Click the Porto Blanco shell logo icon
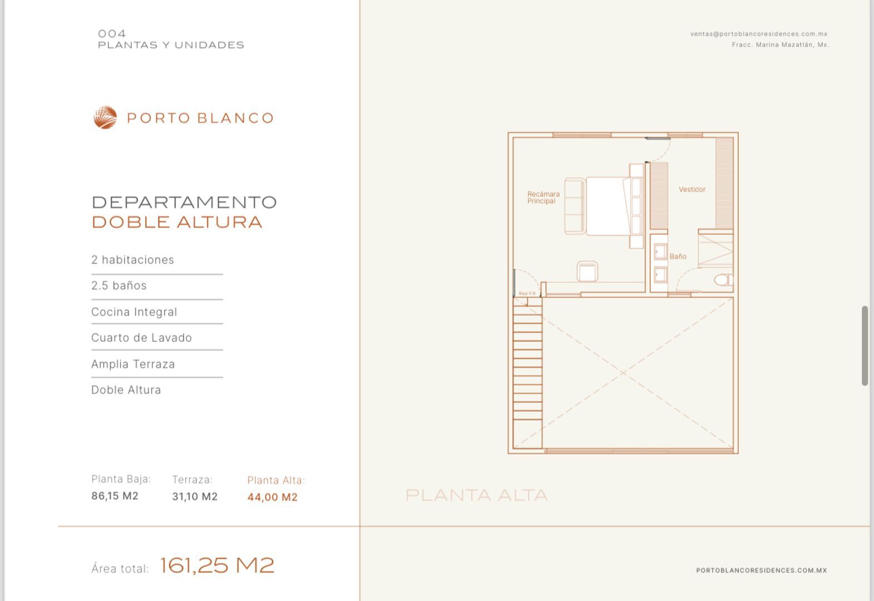[x=105, y=117]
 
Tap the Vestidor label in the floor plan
[x=692, y=189]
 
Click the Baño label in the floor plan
[x=678, y=257]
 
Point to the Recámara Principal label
[x=543, y=198]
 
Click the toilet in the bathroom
[x=723, y=280]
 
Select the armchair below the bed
[x=587, y=272]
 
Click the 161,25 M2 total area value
[x=217, y=565]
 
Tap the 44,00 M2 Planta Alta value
[x=273, y=497]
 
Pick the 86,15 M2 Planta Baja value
[x=115, y=496]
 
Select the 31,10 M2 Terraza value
[x=195, y=496]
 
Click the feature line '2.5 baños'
[x=119, y=285]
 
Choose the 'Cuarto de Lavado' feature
[x=142, y=338]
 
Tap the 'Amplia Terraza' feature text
[x=133, y=364]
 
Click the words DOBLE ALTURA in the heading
[x=177, y=223]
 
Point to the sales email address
[x=759, y=34]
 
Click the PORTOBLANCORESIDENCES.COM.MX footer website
[x=762, y=570]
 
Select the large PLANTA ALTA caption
[x=477, y=495]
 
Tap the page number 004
[x=112, y=33]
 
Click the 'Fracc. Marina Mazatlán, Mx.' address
[x=781, y=45]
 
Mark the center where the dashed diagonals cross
[x=623, y=373]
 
